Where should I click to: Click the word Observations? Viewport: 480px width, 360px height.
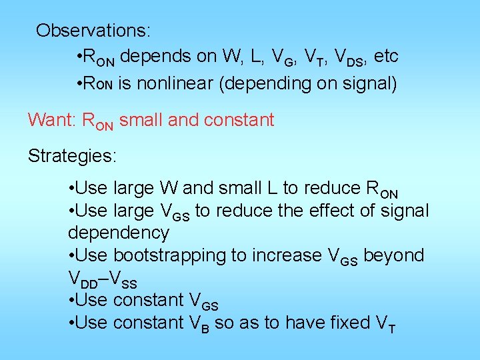click(x=93, y=31)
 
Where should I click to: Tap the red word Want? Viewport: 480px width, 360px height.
click(x=51, y=120)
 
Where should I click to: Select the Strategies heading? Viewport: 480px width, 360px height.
click(x=72, y=156)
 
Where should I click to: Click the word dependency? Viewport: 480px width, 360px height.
click(x=119, y=233)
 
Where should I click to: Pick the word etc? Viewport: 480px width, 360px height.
click(x=386, y=57)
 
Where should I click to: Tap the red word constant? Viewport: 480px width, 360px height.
click(x=239, y=120)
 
